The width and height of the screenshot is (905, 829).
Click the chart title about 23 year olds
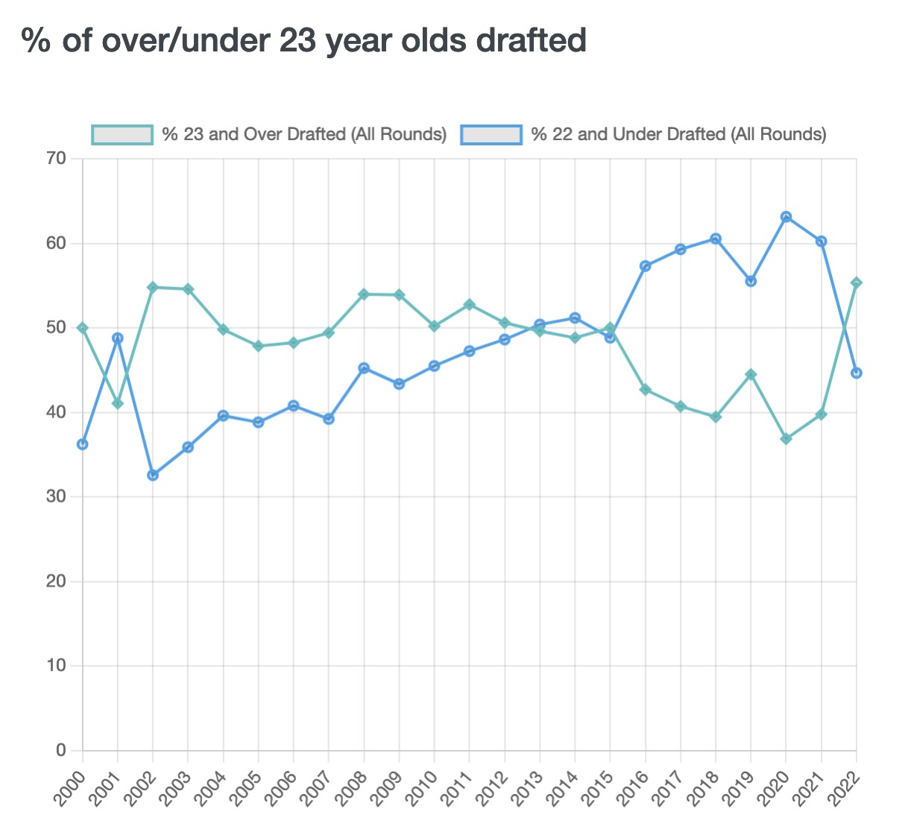pos(304,40)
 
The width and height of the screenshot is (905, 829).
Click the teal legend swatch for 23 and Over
pos(122,134)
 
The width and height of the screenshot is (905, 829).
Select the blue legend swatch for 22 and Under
pos(491,134)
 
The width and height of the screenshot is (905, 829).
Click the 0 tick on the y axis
pos(61,751)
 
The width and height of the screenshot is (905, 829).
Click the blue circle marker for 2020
pos(786,217)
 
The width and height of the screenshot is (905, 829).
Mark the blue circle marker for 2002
pos(153,475)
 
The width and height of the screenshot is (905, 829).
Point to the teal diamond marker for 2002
pos(153,287)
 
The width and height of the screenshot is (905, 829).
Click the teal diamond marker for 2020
pos(786,439)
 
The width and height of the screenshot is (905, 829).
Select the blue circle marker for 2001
pos(118,338)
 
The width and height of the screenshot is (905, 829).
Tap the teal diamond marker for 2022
pos(856,283)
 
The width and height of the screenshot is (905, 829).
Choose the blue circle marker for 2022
pos(856,373)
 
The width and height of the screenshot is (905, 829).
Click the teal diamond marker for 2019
pos(751,374)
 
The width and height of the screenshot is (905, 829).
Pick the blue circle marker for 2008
pos(364,368)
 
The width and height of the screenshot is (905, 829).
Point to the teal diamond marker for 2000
pos(83,328)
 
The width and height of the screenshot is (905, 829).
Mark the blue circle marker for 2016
pos(646,266)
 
